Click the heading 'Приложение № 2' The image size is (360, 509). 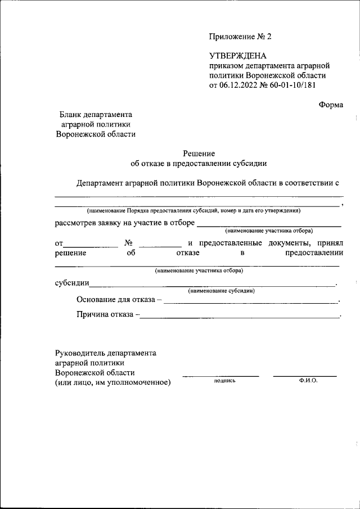click(240, 37)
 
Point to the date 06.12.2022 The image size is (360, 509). click(238, 85)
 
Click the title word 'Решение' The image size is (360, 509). click(199, 152)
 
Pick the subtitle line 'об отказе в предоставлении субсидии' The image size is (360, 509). click(199, 163)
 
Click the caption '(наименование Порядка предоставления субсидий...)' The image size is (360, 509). click(193, 210)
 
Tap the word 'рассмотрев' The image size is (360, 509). click(76, 223)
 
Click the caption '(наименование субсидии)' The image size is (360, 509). click(222, 291)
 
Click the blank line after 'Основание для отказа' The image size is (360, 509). click(251, 303)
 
